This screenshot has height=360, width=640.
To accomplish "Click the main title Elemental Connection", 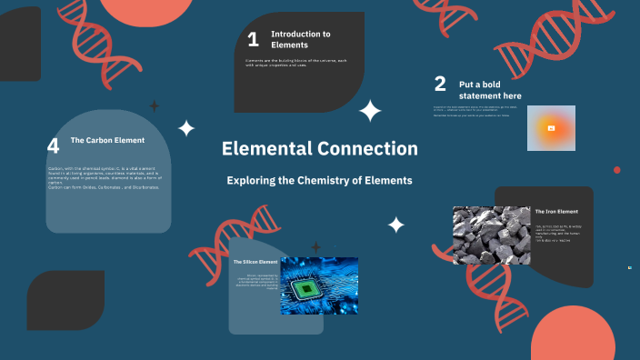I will (x=320, y=149).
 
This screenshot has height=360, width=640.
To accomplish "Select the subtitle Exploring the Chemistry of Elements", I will (x=319, y=181).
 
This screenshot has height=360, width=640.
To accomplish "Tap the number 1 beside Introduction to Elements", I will (x=253, y=39).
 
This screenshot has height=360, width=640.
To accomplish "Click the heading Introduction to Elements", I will (x=301, y=39).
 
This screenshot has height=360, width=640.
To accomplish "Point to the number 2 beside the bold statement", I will (x=440, y=85).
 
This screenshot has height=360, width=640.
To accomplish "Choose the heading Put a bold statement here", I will (x=490, y=90).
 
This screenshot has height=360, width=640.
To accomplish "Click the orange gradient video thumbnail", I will (x=551, y=128).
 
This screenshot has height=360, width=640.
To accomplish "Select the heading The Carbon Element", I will (x=107, y=140).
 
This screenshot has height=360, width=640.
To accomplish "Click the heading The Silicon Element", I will (x=255, y=262).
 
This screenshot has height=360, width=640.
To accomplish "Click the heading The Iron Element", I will (x=556, y=212).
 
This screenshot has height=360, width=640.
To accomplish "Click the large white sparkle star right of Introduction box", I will (x=370, y=111).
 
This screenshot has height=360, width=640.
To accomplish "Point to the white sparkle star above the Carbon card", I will (x=186, y=128).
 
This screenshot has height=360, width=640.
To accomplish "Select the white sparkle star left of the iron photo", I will (x=396, y=225).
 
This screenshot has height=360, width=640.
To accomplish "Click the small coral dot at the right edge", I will (x=617, y=170).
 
